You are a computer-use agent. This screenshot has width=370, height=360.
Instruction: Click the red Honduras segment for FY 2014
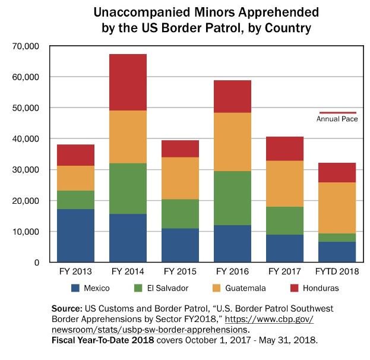point(128,83)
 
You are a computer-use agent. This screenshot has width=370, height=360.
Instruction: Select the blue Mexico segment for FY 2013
point(75,235)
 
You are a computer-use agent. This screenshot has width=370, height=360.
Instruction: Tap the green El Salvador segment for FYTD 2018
point(337,238)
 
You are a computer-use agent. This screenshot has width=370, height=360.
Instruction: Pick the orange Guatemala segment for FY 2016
point(232,142)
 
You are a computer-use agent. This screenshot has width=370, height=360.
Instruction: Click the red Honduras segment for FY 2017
point(285,149)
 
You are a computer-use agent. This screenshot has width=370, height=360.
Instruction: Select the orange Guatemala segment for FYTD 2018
point(337,208)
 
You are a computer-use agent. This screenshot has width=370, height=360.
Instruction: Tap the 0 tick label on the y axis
point(36,263)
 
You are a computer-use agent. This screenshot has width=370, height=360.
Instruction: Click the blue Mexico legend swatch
point(75,288)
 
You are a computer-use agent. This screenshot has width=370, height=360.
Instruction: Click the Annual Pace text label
point(336,119)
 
